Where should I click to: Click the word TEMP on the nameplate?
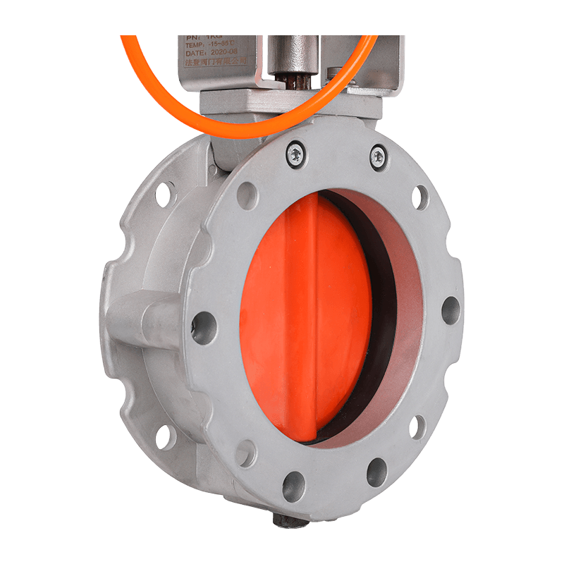pyautogui.click(x=194, y=42)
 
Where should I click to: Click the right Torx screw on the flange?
pyautogui.click(x=378, y=154)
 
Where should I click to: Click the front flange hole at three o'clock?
pyautogui.click(x=450, y=310)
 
